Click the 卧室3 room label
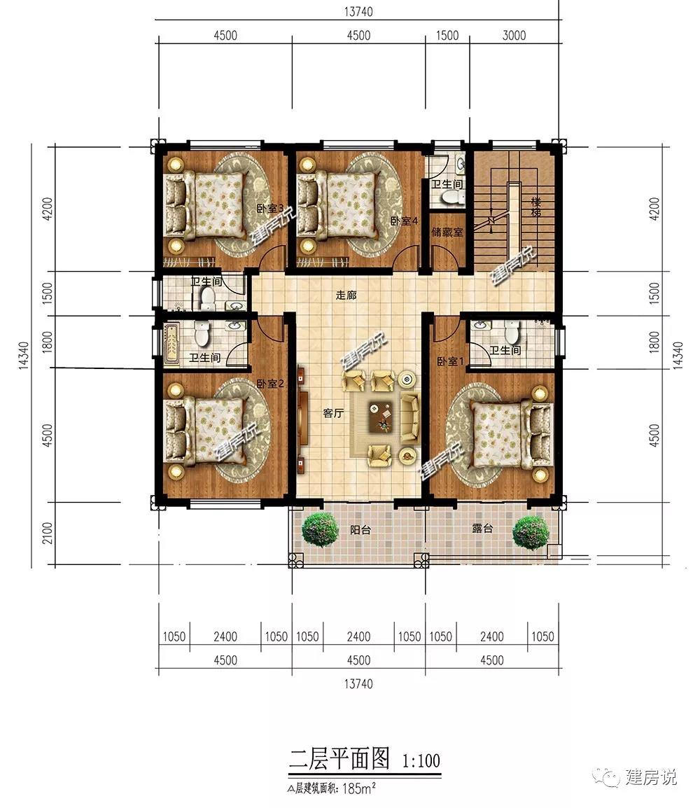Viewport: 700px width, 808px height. pos(271,209)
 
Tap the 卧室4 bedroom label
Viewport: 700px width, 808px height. pos(404,221)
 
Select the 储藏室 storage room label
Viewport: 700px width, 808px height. pos(447,232)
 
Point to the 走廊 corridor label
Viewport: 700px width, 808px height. pos(346,295)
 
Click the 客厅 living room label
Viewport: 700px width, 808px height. pos(333,413)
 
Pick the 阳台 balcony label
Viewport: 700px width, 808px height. pos(360,530)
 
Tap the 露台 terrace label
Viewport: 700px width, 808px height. pos(482,528)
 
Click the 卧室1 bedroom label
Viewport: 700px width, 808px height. pos(451,362)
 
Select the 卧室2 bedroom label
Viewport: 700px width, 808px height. pos(270,384)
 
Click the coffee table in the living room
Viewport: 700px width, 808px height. pos(381,417)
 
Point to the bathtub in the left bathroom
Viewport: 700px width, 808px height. pos(171,344)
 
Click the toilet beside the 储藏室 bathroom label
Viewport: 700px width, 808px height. pos(454,198)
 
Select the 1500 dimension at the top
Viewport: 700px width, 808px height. pos(447,36)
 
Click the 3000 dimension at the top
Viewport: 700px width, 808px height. pos(514,36)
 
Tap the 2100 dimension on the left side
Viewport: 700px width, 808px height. pos(48,533)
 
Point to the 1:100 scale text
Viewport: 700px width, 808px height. pos(421,760)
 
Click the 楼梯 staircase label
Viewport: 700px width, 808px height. pos(536,207)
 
